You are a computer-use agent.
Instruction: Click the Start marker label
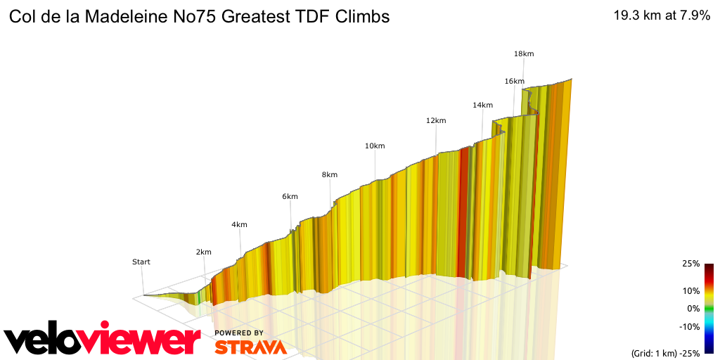pyautogui.click(x=141, y=262)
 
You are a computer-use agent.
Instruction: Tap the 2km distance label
pyautogui.click(x=204, y=252)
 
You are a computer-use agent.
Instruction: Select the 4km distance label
pyautogui.click(x=239, y=225)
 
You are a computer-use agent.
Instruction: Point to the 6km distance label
pyautogui.click(x=290, y=197)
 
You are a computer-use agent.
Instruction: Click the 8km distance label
pyautogui.click(x=329, y=174)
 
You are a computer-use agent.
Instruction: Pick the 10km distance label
pyautogui.click(x=374, y=146)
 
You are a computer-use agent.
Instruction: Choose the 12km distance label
pyautogui.click(x=436, y=121)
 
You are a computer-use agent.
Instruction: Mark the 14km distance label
pyautogui.click(x=482, y=105)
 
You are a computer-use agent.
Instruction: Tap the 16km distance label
pyautogui.click(x=514, y=82)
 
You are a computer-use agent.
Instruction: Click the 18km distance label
pyautogui.click(x=524, y=54)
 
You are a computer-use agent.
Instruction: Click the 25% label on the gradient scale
pyautogui.click(x=691, y=264)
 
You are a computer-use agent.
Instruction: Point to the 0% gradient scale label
pyautogui.click(x=693, y=308)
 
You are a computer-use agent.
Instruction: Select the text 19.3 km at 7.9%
pyautogui.click(x=662, y=16)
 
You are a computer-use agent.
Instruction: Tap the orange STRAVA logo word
pyautogui.click(x=250, y=347)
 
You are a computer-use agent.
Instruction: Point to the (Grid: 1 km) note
pyautogui.click(x=652, y=353)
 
